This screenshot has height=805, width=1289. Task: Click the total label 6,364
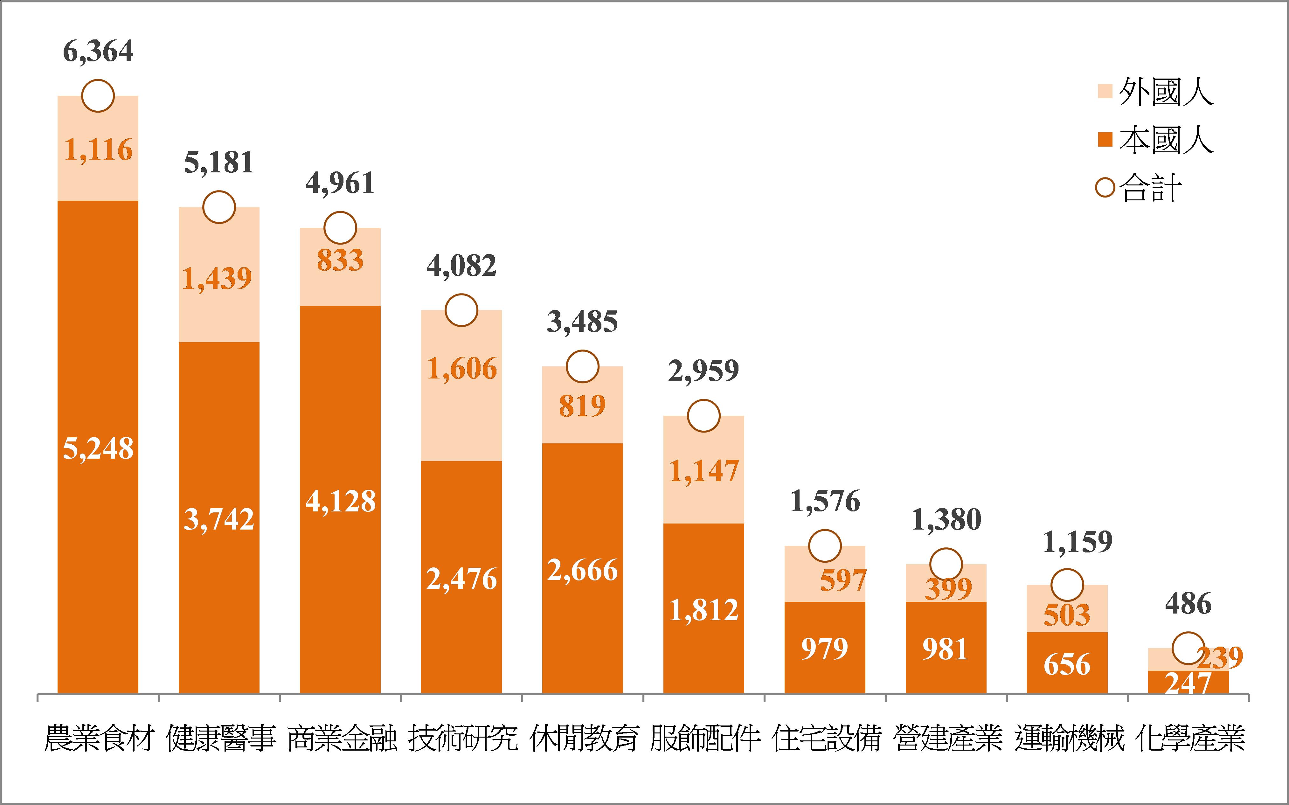coord(98,52)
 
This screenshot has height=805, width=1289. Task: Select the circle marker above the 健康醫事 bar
coord(219,207)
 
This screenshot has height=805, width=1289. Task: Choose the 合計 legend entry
coord(1139,188)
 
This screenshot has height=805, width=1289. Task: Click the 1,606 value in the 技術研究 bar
coord(461,368)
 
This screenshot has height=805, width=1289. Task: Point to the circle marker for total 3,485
coord(582,366)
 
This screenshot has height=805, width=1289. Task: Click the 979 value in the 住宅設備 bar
coord(824,649)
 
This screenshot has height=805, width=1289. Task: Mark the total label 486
coord(1188,604)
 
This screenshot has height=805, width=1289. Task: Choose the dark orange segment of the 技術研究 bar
coord(461,532)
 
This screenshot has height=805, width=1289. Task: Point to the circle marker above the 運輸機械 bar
coord(1067,585)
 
